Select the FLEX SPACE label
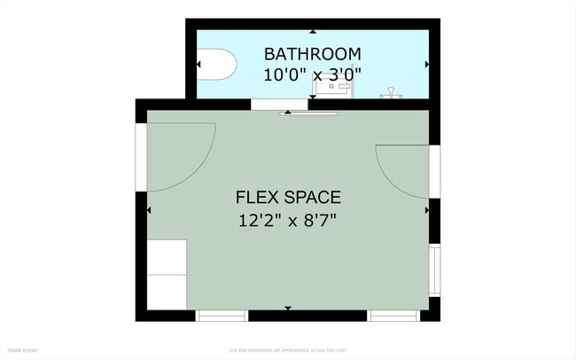[x=288, y=197]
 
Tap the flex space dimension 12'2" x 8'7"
[x=288, y=219]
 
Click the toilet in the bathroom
[x=216, y=64]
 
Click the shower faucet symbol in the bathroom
[x=391, y=91]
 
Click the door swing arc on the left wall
[x=182, y=155]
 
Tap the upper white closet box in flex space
[x=167, y=257]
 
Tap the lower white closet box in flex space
[x=167, y=293]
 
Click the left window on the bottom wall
[x=222, y=316]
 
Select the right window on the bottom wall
[x=393, y=316]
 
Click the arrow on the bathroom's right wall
[x=426, y=65]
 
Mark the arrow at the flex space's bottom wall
[x=288, y=308]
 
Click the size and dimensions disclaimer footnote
[x=288, y=351]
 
